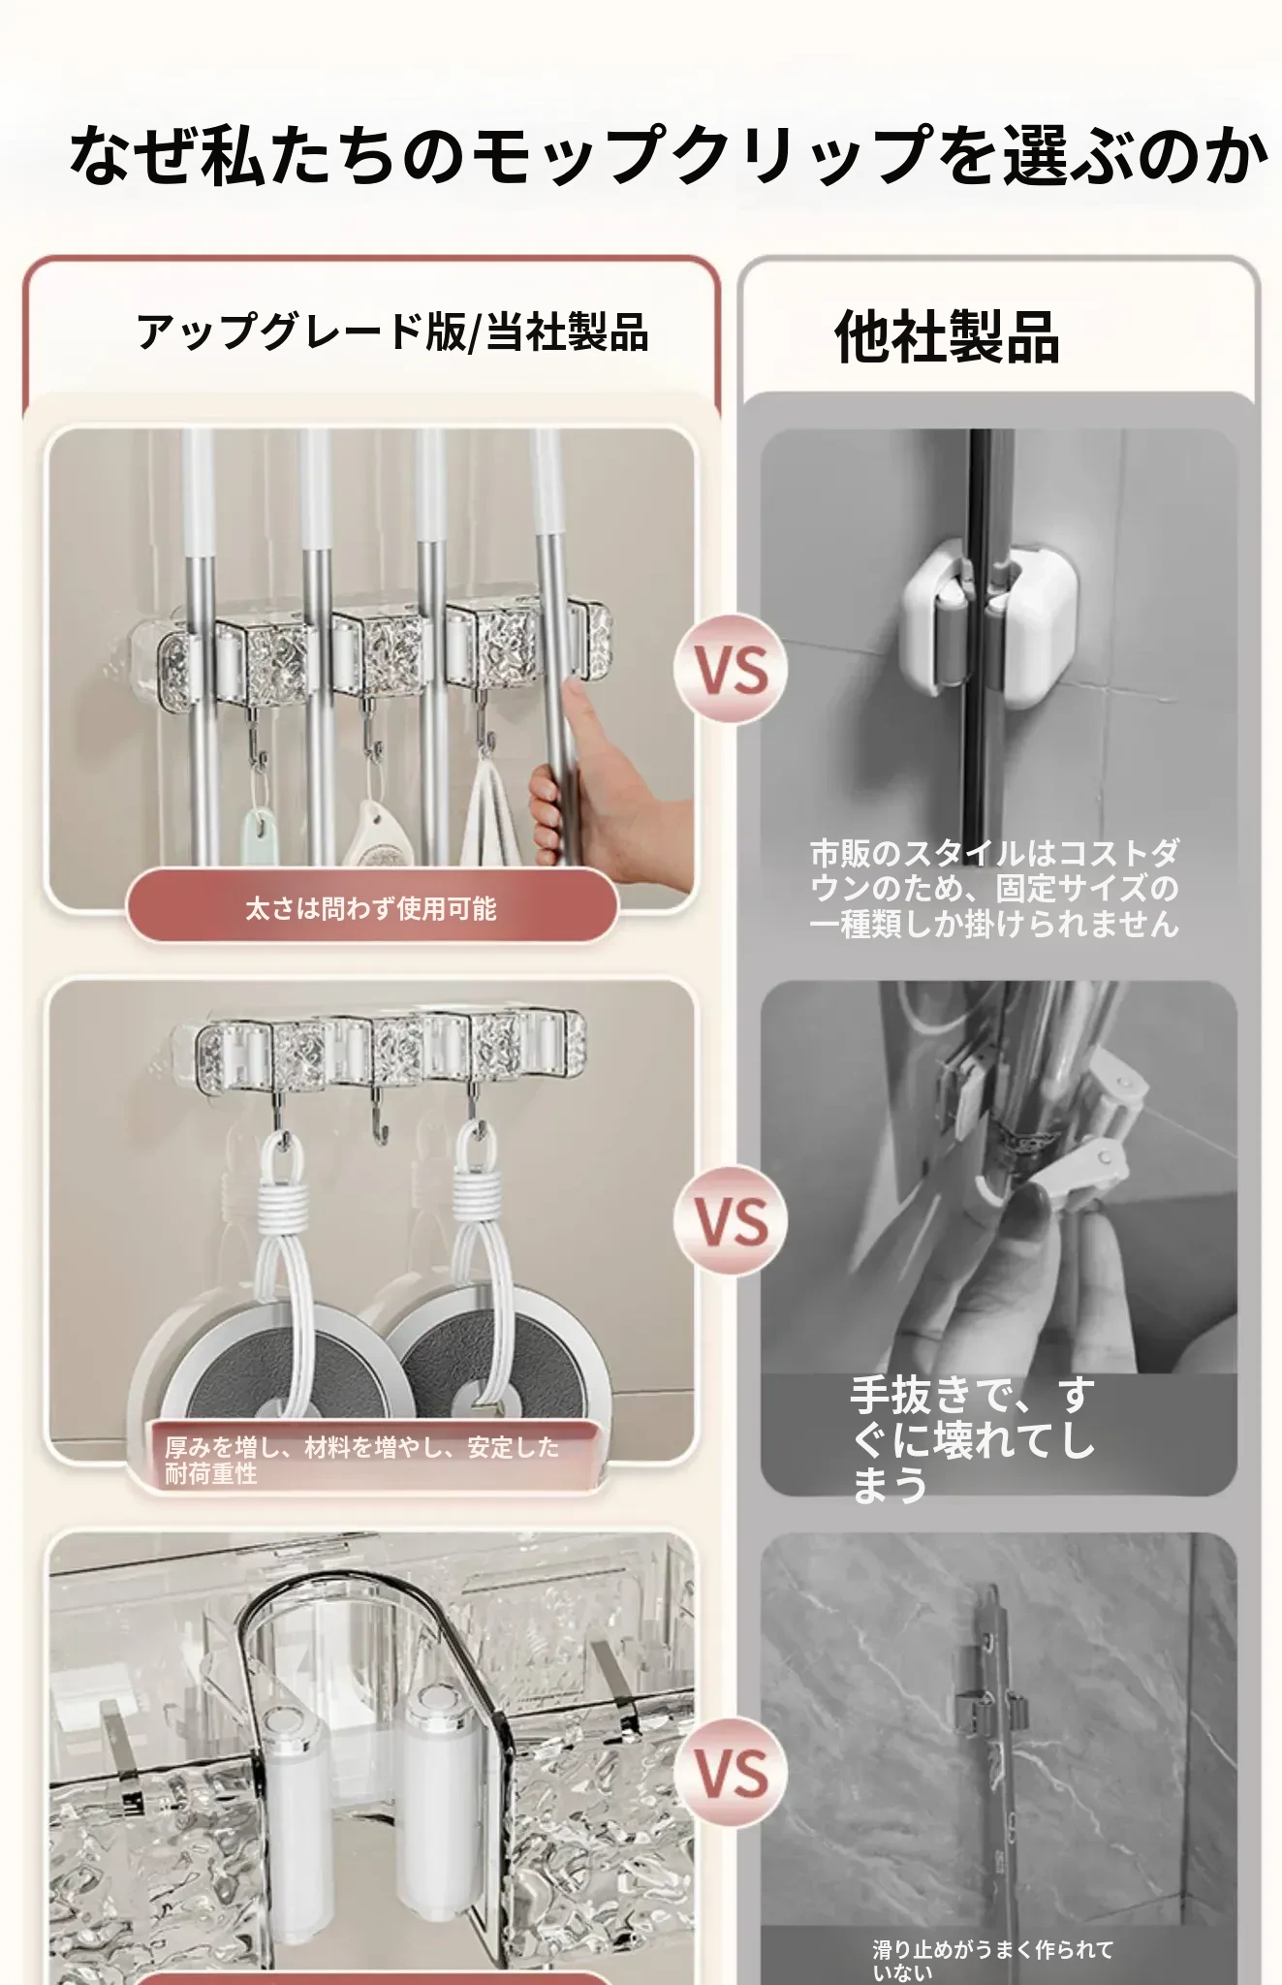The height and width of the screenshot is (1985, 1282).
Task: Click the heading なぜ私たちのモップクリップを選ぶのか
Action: [668, 155]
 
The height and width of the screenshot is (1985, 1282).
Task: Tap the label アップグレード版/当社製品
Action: [392, 332]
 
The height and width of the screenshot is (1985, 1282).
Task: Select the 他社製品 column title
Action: [947, 337]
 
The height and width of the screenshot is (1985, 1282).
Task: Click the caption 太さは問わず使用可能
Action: [371, 908]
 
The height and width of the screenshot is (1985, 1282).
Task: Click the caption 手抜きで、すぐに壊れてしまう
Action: [972, 1438]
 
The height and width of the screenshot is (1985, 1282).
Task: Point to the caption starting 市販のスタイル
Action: [994, 889]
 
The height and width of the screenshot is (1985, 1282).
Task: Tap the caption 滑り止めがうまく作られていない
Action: [993, 1959]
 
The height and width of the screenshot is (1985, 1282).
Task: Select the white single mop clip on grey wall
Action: [989, 621]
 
